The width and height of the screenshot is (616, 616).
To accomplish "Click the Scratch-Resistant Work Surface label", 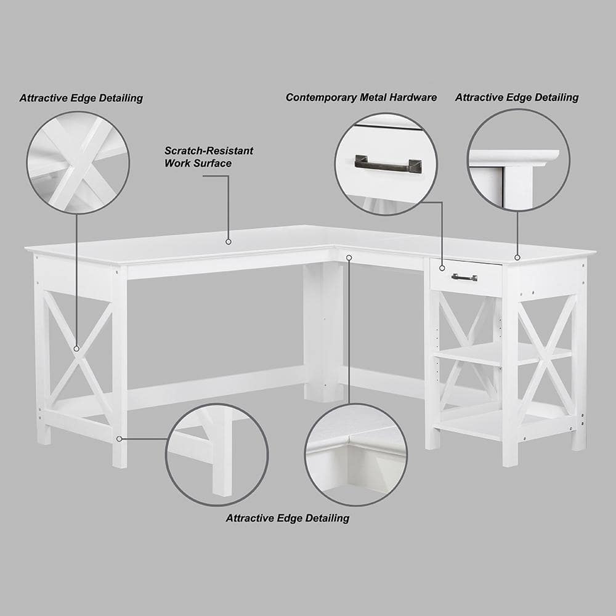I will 208,157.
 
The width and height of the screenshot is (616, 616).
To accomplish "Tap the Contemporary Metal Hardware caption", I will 361,97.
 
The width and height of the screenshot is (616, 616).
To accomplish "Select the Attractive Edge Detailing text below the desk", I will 287,518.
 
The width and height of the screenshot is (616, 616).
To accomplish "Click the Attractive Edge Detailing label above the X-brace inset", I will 81,98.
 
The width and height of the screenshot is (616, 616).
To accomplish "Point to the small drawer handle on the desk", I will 464,277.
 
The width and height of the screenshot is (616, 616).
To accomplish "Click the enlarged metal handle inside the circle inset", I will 388,163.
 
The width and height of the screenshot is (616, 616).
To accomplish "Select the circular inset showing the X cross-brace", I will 78,163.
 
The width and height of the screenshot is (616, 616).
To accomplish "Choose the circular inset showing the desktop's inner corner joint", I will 355,455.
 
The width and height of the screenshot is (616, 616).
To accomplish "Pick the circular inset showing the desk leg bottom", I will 216,455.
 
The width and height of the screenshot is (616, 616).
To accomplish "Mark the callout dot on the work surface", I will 228,241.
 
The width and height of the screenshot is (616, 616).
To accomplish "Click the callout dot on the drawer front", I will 442,268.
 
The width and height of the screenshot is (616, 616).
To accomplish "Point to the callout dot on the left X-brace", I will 76,349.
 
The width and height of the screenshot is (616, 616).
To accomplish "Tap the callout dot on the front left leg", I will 119,439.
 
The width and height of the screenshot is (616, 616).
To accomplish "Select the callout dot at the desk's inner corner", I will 349,257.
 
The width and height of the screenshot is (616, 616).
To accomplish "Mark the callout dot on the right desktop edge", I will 517,257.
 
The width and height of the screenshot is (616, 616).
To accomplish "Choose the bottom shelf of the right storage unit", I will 487,424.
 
